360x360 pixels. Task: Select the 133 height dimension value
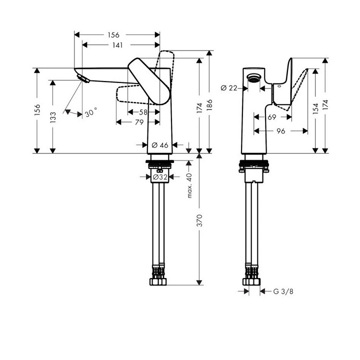click(53, 117)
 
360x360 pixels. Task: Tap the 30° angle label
click(90, 113)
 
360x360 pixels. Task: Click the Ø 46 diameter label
click(159, 145)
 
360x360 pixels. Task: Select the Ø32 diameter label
click(159, 176)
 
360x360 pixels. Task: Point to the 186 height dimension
click(209, 103)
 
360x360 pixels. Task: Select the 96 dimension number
click(280, 131)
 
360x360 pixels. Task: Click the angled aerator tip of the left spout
click(82, 77)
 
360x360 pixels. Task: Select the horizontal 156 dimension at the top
click(113, 35)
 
